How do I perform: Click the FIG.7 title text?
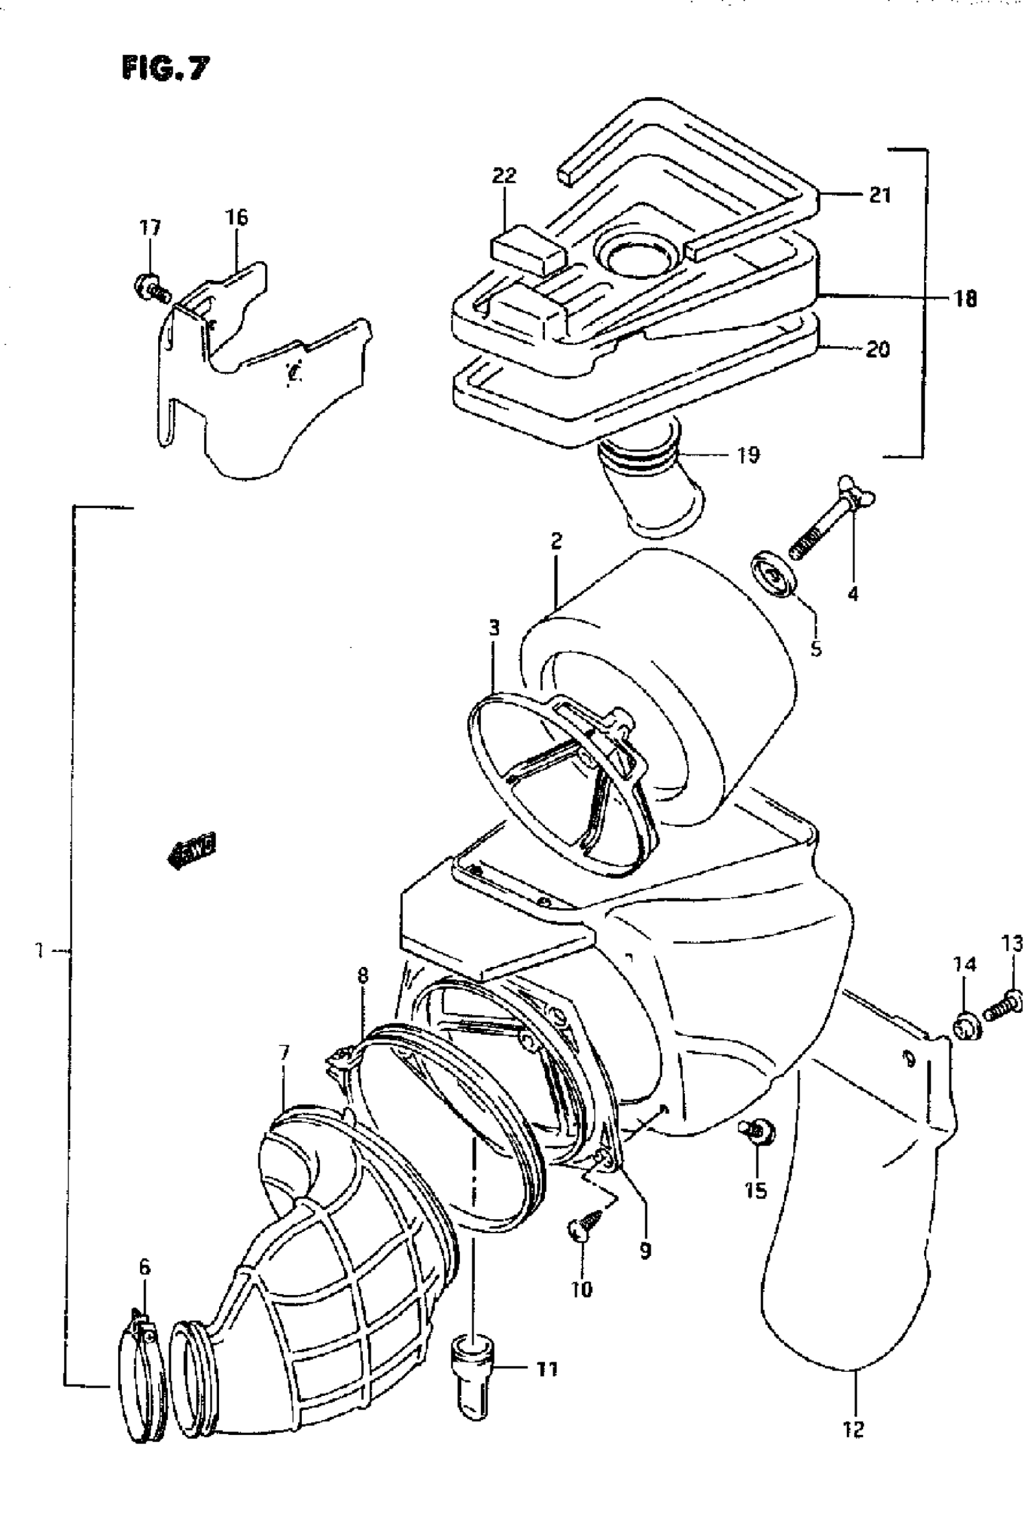point(165,68)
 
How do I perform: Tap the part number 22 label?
point(505,176)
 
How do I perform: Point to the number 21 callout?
point(880,195)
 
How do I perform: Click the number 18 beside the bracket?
point(965,299)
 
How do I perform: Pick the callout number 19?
point(748,454)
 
